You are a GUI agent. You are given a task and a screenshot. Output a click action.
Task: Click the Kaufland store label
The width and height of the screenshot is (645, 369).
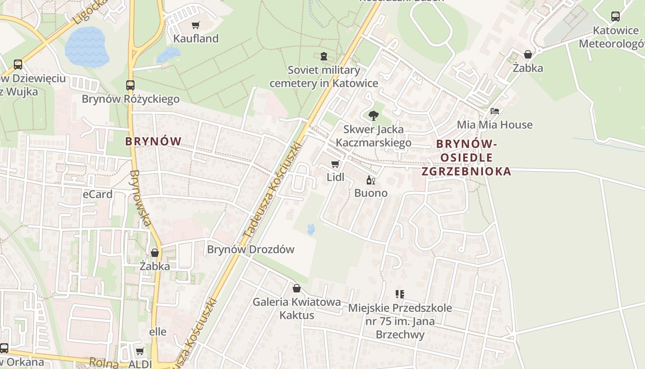(196, 39)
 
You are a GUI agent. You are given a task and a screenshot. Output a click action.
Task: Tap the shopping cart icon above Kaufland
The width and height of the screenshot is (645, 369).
(196, 25)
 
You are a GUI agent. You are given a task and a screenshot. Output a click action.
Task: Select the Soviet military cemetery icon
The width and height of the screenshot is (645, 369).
(324, 56)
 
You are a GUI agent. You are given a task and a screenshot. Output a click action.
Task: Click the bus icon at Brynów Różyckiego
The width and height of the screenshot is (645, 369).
(130, 85)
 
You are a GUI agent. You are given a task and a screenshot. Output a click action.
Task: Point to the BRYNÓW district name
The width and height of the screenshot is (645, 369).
(153, 141)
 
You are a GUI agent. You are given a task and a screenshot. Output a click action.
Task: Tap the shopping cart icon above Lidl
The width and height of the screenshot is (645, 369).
(335, 164)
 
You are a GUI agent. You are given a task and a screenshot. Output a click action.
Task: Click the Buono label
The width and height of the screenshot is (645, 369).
(370, 193)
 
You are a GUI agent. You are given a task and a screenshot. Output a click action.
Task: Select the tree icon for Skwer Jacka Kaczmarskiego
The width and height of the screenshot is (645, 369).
(373, 115)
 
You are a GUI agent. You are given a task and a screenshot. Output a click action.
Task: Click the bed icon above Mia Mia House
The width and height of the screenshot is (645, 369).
(494, 111)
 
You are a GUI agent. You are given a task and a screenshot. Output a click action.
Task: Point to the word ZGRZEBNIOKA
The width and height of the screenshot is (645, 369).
(466, 171)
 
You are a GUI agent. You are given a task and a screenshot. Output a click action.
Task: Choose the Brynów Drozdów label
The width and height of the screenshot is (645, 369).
(251, 250)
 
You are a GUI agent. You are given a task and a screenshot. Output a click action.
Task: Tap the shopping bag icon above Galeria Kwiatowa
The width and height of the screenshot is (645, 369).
(297, 288)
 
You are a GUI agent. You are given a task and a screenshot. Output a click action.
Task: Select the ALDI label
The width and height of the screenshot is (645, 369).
(141, 364)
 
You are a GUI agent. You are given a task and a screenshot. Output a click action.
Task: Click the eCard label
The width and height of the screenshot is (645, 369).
(98, 194)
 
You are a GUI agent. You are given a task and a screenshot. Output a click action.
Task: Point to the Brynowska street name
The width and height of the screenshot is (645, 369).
(141, 198)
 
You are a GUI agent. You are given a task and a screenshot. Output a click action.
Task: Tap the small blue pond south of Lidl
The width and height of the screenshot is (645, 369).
(311, 229)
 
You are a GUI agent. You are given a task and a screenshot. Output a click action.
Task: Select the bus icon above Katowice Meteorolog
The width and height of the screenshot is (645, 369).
(615, 17)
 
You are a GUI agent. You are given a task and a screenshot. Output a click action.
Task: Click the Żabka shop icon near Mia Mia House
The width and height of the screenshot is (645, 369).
(528, 54)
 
